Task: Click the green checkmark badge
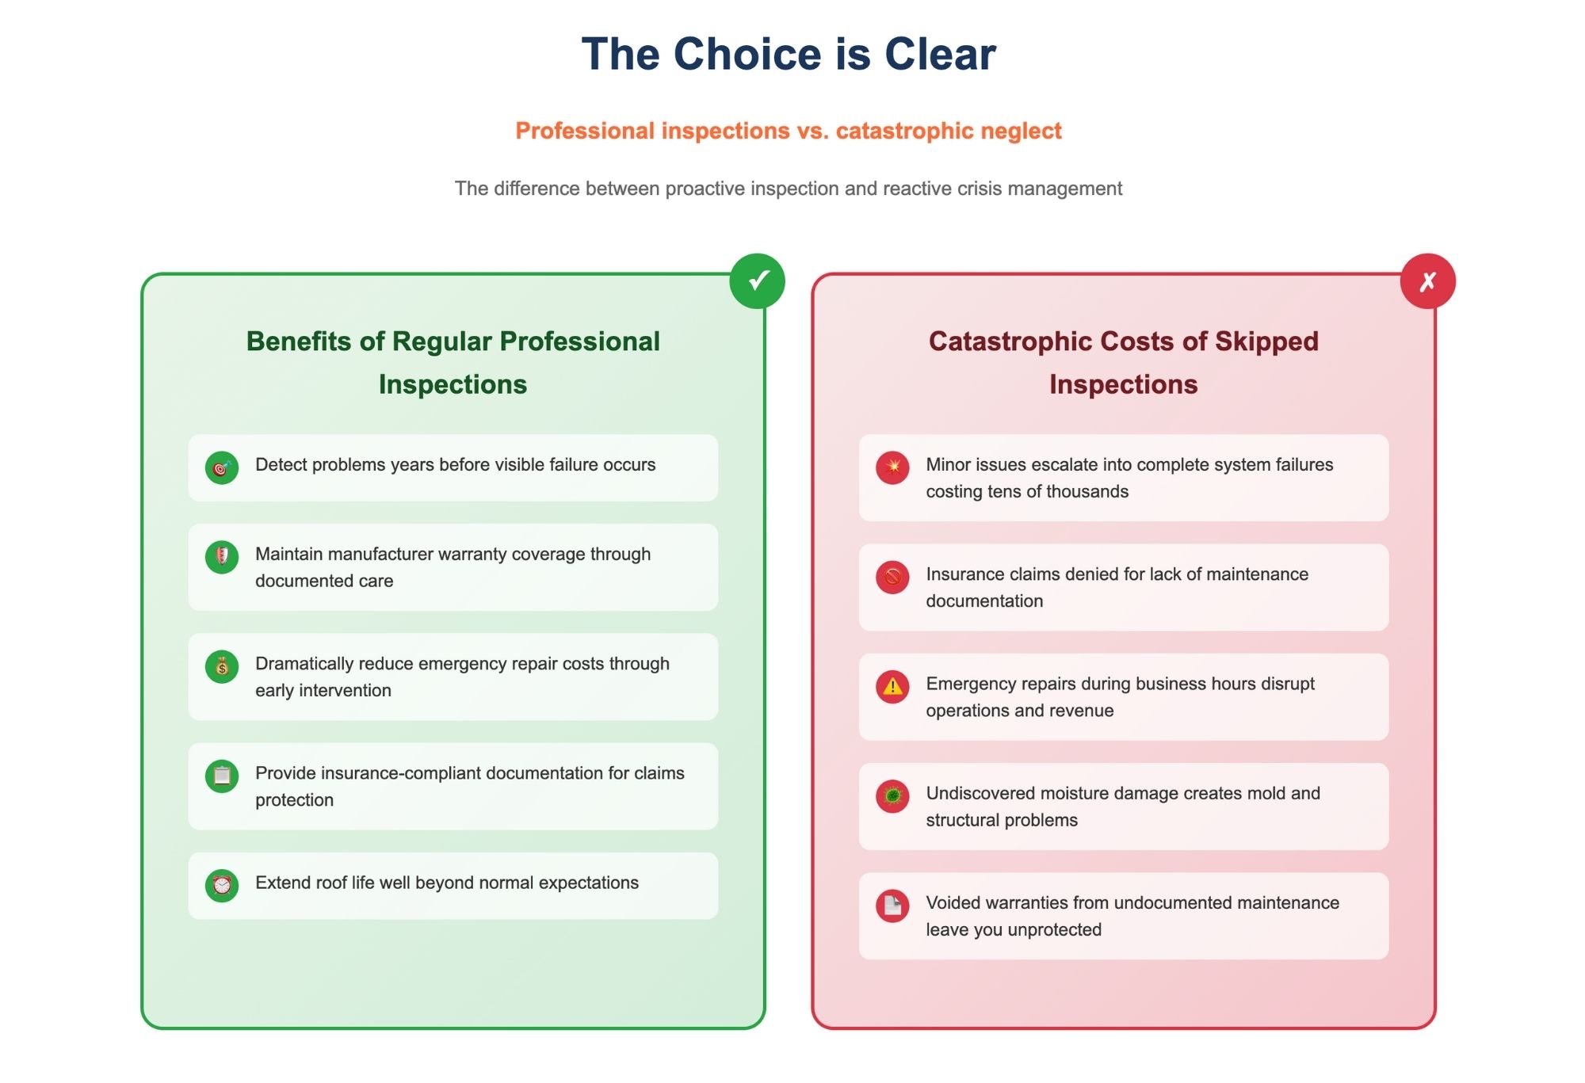click(758, 281)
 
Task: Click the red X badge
click(1428, 281)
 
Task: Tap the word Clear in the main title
click(940, 54)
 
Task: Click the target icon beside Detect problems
click(222, 467)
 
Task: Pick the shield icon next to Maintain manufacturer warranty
click(222, 557)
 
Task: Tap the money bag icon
click(222, 666)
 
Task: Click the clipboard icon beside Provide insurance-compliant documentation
click(222, 776)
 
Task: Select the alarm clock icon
click(222, 885)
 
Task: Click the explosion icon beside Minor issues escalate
click(892, 467)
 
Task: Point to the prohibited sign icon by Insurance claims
click(892, 577)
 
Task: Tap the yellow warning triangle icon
click(892, 686)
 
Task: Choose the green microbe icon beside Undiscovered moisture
click(892, 795)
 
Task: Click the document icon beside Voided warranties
click(892, 905)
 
